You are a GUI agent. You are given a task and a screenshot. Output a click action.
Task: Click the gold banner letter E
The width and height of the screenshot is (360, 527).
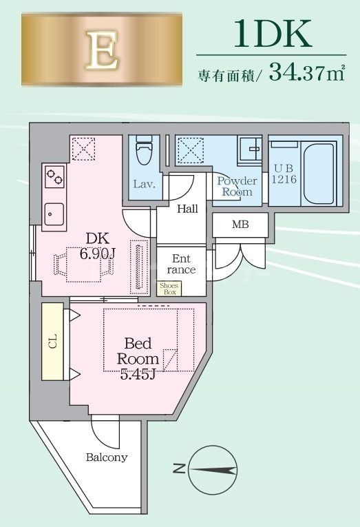click(102, 50)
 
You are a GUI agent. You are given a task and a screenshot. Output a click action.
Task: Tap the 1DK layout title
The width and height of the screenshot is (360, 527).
click(273, 33)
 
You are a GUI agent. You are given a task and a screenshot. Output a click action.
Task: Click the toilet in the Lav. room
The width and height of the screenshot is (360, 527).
click(145, 150)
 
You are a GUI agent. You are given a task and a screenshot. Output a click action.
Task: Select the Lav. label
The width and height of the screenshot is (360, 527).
click(144, 184)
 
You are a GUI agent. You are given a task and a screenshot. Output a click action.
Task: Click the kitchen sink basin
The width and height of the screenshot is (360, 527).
click(54, 214)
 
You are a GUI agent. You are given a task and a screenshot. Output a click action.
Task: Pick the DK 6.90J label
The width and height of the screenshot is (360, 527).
click(98, 246)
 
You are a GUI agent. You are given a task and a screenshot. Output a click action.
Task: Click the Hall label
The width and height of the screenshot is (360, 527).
click(187, 209)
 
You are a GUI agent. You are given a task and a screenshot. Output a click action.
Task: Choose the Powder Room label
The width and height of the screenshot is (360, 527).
click(237, 186)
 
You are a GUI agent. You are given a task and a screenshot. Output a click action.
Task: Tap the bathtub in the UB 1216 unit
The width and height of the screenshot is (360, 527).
click(319, 173)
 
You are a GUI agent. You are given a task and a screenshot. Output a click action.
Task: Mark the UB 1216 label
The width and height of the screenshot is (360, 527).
click(284, 174)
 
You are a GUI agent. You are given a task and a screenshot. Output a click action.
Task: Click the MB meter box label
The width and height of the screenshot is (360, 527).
click(240, 224)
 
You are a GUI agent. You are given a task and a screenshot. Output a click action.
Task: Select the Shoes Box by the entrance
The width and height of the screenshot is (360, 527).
click(169, 289)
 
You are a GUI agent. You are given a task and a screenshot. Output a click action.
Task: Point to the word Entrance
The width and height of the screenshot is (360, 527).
click(181, 264)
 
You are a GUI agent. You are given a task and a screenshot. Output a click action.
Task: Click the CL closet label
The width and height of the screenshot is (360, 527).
click(53, 342)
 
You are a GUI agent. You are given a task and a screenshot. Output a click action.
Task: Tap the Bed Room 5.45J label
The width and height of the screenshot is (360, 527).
click(138, 359)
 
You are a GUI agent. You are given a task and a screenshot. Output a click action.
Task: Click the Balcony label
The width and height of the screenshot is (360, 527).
click(107, 457)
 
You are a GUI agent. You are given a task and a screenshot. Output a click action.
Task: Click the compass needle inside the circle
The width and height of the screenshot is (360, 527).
click(213, 471)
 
